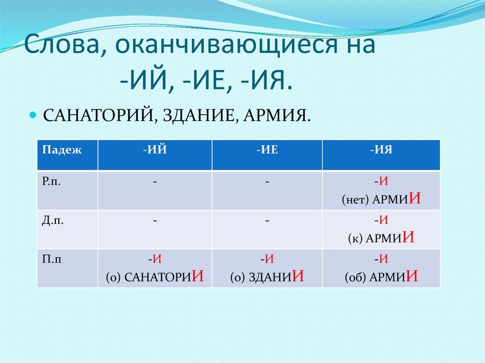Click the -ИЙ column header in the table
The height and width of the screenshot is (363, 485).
155,150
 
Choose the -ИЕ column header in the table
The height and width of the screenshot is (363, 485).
267,150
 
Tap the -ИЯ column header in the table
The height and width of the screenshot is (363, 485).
381,150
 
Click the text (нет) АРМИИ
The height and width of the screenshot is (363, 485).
381,199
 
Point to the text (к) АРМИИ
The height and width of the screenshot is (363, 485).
381,238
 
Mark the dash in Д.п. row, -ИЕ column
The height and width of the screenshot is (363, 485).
267,221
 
